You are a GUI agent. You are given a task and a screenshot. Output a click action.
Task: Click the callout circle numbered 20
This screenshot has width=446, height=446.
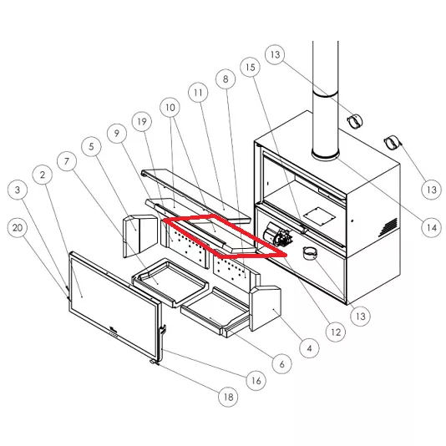tap(18, 228)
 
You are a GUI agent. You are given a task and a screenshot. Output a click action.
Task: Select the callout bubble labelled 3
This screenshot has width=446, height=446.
tap(18, 190)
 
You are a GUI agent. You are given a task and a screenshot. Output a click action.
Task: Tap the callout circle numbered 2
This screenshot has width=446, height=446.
tap(43, 175)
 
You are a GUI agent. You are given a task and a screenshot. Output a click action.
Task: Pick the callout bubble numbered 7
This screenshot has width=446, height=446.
tap(67, 161)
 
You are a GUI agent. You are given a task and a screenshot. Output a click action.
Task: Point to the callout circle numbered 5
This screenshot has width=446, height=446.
tap(91, 146)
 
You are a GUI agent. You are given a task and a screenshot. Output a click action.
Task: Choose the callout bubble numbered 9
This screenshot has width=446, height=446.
tap(117, 133)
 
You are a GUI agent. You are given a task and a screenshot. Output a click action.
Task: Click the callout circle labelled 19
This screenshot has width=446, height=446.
tap(142, 122)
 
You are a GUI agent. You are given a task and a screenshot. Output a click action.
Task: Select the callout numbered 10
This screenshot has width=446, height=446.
tap(170, 108)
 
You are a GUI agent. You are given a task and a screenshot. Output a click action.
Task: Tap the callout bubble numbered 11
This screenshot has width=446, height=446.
tap(198, 93)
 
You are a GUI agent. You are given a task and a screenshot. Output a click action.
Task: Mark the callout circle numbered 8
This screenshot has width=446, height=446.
tap(226, 79)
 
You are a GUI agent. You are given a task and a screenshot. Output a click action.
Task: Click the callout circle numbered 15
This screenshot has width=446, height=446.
tap(251, 68)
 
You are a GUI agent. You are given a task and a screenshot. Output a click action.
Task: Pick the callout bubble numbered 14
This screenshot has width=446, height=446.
tap(432, 227)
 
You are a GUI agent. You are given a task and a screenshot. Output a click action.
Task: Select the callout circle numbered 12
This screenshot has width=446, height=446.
tap(336, 332)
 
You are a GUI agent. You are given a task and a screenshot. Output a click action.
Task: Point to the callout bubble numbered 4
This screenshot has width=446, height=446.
tap(310, 348)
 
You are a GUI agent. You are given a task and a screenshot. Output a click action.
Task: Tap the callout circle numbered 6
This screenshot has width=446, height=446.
tap(281, 364)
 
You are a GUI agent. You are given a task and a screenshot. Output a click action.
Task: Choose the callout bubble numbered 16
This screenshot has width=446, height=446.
tap(256, 380)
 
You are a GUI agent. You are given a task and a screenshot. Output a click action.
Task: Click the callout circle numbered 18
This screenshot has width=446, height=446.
tap(228, 397)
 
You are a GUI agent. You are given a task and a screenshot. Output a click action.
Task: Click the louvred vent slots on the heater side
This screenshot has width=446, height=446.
tap(388, 227)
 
